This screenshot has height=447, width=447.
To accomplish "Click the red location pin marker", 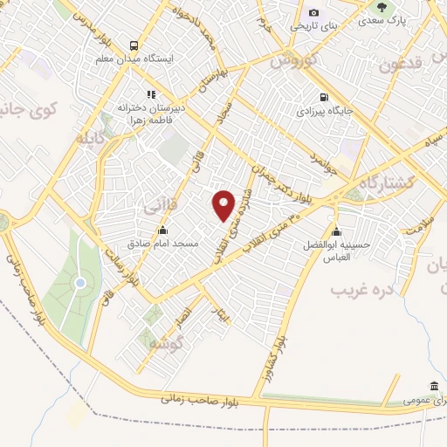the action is point(224,204).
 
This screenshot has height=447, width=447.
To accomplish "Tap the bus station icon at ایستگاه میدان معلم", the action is point(134,45).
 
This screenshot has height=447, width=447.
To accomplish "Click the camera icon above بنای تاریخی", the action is point(313,13).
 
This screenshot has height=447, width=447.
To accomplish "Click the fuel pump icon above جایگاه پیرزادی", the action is point(324,97).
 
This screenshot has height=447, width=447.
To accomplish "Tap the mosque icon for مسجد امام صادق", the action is point(162,230).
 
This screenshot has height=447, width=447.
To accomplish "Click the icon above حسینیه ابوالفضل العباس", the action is point(337,230).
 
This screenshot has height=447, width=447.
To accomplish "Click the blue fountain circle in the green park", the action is point(79,283).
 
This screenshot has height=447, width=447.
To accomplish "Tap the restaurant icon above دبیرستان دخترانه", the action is point(151,93).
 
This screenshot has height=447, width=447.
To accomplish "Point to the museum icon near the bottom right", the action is point(434,387).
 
